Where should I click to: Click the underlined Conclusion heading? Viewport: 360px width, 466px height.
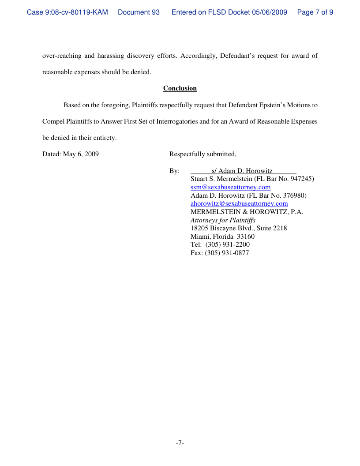pos(180,88)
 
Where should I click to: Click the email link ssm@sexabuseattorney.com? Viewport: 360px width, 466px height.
pos(230,187)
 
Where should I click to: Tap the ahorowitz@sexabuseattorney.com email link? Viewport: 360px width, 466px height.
pos(239,203)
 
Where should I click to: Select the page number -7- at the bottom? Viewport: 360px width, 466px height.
pos(180,443)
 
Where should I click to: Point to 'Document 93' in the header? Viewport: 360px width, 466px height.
pos(139,12)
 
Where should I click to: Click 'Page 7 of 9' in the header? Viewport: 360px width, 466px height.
pos(315,12)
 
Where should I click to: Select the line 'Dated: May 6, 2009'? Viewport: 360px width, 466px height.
pos(70,154)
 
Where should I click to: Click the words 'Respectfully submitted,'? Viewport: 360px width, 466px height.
pos(203,154)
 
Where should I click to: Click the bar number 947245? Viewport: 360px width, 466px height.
pos(301,179)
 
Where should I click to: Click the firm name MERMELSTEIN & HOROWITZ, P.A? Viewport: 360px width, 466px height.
pos(247,212)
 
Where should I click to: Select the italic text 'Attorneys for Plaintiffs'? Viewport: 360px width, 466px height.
pos(223,220)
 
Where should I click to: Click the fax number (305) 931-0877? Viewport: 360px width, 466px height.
pos(227,253)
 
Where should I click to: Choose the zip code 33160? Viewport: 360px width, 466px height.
pos(246,237)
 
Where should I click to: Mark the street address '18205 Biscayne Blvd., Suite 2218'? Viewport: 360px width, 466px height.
pos(239,228)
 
